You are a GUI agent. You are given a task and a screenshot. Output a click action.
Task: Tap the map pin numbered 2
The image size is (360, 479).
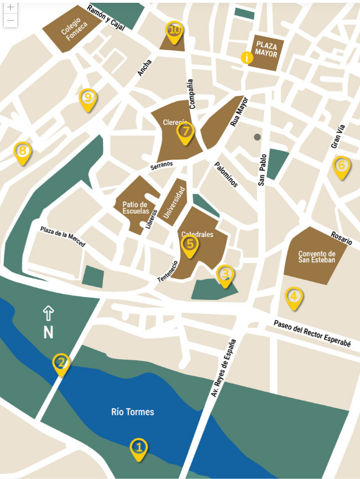coord(61,364)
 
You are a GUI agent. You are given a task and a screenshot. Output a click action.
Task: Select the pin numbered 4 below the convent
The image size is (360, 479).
coord(294,297)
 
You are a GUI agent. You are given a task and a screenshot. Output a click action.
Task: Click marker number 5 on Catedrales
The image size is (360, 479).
coord(190,245)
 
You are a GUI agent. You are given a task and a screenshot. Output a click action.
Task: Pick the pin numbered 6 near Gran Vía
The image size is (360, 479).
coord(342,166)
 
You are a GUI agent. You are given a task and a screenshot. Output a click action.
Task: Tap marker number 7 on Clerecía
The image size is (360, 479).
coord(185,132)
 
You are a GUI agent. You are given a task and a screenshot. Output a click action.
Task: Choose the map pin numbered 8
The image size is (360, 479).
coord(22,152)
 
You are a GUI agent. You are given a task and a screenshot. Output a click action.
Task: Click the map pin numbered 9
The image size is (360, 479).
coord(87,99)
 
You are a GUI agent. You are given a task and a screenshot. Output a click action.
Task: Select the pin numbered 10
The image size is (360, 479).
coord(174,31)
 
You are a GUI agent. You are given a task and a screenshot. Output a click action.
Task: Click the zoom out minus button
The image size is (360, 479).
coord(11,21)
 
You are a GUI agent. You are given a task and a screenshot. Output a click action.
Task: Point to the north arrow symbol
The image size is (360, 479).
coord(48,313)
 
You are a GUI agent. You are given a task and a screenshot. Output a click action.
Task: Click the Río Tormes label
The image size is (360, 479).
coord(132,412)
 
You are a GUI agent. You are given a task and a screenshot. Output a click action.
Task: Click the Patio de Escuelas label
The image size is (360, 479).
coord(135,208)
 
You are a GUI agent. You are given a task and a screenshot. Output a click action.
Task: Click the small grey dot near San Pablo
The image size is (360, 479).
coord(257,137)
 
